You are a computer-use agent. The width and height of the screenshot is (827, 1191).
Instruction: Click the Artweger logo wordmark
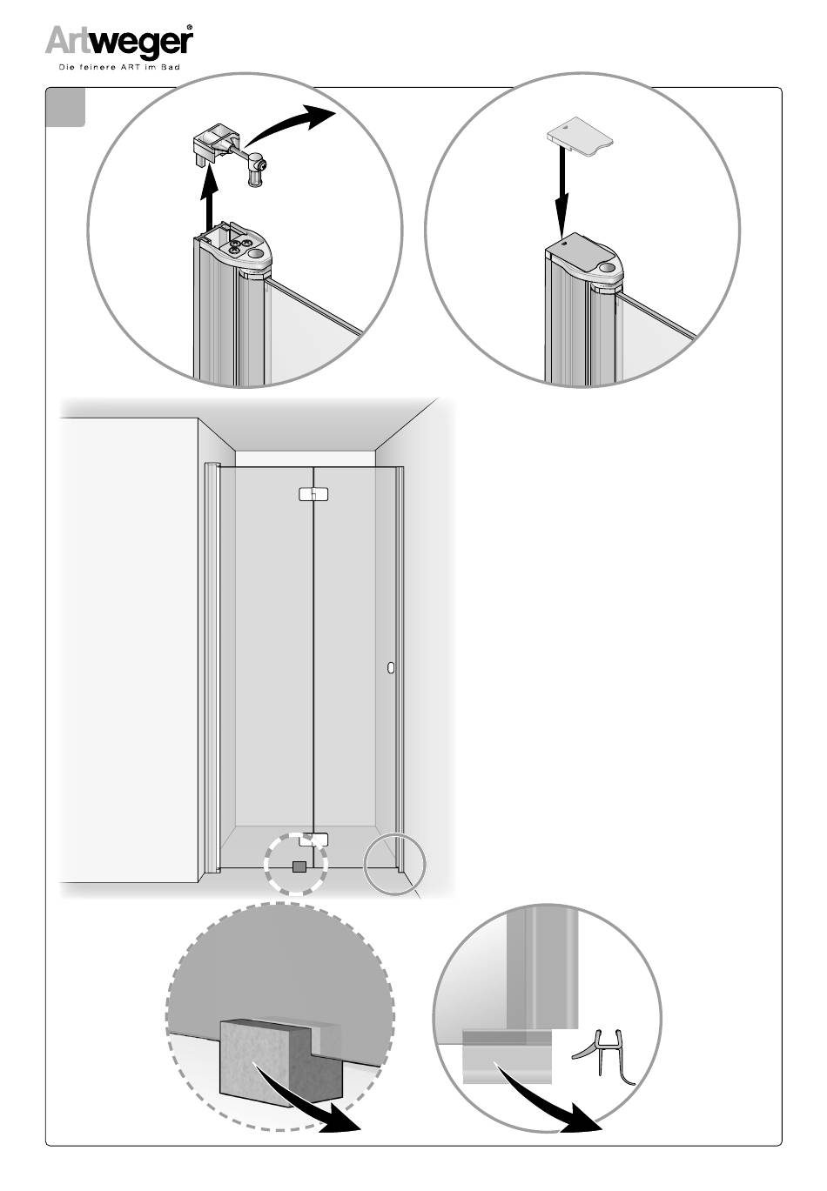118,42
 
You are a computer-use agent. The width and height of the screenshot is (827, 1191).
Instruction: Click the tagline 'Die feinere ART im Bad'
118,68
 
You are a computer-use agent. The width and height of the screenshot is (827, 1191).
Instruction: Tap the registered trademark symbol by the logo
190,27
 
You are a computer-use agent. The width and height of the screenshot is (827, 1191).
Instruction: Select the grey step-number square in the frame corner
65,107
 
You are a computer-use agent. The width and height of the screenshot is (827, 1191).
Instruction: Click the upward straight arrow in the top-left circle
209,197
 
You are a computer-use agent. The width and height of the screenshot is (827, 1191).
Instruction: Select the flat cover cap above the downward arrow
580,137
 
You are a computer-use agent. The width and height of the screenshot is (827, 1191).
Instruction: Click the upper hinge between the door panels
313,494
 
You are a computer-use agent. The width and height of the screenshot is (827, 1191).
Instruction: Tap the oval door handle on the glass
391,668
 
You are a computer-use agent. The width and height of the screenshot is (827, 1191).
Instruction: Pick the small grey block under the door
299,866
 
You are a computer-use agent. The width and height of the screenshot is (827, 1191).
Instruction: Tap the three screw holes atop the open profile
238,246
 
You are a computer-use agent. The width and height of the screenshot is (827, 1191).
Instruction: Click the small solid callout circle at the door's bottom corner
394,865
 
